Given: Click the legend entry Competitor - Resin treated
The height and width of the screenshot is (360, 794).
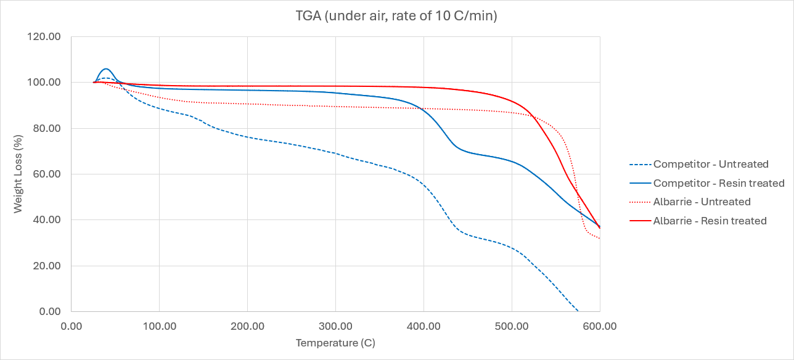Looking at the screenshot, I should click(719, 183).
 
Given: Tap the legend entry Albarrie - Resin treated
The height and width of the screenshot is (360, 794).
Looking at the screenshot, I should click(710, 221).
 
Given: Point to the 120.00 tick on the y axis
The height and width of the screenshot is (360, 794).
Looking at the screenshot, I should click(45, 36).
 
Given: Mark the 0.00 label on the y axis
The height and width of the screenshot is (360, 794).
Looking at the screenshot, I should click(50, 311).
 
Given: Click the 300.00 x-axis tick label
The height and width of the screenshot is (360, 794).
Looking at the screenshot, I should click(335, 325).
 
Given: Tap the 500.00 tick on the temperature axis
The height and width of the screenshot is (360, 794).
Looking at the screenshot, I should click(512, 325).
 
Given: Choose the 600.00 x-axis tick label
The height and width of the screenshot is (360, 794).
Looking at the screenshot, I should click(600, 325).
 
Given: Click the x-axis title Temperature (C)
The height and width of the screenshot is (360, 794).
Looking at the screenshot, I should click(335, 343).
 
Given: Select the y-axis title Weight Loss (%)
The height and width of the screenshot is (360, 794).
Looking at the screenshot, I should click(18, 174).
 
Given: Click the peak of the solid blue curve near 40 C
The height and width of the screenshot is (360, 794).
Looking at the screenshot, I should click(106, 68).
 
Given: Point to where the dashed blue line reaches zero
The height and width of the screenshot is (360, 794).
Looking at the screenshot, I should click(578, 311).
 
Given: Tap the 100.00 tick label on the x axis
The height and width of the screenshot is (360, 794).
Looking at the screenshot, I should click(159, 325).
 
